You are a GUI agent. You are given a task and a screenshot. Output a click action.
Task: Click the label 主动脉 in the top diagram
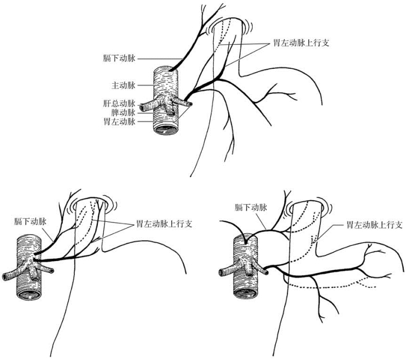(123, 85)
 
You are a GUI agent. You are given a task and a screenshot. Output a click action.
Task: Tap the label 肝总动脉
(119, 103)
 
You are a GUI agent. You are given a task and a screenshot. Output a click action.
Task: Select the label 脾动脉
(123, 113)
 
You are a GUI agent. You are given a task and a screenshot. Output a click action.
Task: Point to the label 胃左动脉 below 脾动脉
(119, 121)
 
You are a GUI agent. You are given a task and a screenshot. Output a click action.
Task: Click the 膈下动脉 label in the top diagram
(119, 59)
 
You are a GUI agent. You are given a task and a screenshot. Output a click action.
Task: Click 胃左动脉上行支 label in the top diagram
(301, 42)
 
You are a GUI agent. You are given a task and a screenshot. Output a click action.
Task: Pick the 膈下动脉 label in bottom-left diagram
(30, 221)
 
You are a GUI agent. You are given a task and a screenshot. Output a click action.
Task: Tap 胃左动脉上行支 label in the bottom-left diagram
(164, 224)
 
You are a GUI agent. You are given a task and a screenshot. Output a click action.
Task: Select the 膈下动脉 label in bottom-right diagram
(251, 207)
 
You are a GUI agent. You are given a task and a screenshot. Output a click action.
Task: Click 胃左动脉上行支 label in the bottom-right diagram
(375, 225)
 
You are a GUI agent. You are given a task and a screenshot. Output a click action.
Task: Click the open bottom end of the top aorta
(166, 129)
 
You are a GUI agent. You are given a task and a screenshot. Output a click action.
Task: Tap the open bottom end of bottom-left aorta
(29, 295)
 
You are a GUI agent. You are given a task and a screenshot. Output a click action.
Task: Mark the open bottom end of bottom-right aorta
(246, 293)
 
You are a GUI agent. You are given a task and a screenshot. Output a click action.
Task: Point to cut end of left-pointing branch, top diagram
(141, 107)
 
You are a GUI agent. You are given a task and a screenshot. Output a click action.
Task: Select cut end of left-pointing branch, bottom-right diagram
(221, 272)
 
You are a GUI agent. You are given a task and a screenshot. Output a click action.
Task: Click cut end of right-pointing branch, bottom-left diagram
(52, 271)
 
